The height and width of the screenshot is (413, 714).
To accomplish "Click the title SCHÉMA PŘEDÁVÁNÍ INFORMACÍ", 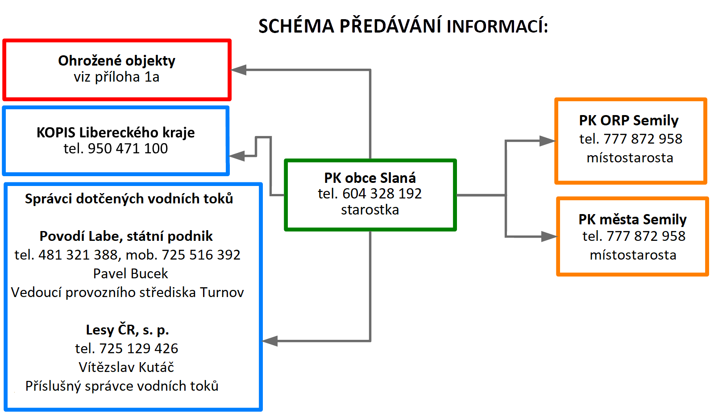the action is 403,26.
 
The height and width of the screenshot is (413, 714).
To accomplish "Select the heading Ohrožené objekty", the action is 116,61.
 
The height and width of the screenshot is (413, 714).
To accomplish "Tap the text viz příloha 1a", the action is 116,77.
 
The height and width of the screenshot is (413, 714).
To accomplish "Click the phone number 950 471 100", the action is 128,149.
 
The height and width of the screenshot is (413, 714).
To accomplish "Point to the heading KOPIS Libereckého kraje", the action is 116,132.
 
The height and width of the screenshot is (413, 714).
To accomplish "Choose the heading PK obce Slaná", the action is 370,178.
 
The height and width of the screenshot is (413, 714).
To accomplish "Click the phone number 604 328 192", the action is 382,194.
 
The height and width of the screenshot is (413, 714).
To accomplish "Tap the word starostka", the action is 370,210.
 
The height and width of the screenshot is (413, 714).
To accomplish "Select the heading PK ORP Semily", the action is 629,120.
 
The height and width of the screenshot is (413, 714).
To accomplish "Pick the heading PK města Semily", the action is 632,219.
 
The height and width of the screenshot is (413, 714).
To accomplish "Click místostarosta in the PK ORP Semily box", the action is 630,158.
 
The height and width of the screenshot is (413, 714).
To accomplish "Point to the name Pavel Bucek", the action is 130,274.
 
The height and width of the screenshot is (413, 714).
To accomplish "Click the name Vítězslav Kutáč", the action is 126,368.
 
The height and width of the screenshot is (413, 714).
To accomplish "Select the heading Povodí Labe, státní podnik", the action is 126,236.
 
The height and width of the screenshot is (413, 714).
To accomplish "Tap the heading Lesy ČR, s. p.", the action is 127,330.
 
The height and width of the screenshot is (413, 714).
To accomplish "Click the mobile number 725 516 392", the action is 201,255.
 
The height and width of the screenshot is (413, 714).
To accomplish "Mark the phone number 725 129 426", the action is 139,349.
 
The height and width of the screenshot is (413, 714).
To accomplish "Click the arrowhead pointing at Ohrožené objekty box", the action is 238,70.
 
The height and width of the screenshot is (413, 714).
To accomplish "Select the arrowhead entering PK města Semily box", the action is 549,236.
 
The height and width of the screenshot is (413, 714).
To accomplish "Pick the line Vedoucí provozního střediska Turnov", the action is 128,293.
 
